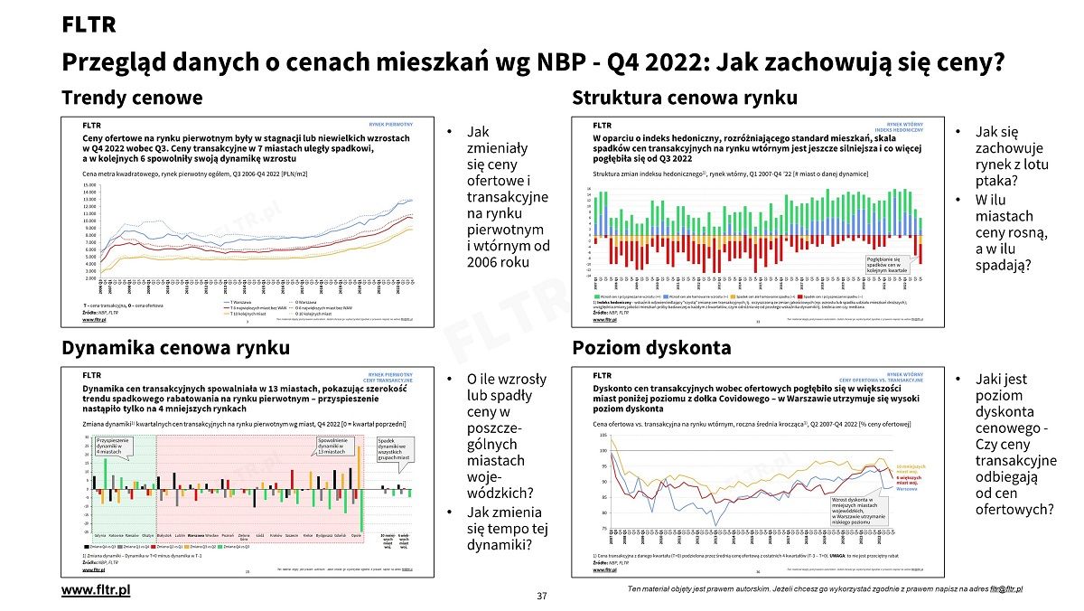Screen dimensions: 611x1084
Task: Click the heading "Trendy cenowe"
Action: click(x=132, y=98)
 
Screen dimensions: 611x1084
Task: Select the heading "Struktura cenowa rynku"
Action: click(x=685, y=98)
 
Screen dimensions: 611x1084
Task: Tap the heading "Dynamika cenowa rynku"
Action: click(x=175, y=348)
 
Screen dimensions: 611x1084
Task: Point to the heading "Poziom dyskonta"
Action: click(x=651, y=348)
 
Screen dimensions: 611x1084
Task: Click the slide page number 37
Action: click(x=542, y=596)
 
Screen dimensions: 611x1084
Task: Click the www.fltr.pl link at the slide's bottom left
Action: click(x=96, y=589)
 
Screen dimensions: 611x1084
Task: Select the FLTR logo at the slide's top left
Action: click(x=89, y=25)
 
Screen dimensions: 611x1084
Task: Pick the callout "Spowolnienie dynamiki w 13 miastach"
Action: click(x=332, y=445)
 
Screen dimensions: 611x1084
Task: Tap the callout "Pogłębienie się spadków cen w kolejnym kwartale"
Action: click(x=887, y=265)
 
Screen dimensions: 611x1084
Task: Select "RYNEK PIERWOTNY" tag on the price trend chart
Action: click(x=390, y=123)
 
